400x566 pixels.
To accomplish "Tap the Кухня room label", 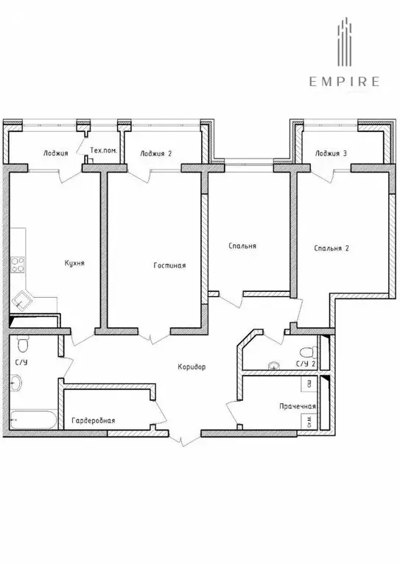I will (x=74, y=263).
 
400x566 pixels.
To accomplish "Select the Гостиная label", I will (x=169, y=265).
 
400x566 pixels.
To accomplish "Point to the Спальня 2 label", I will (x=331, y=248).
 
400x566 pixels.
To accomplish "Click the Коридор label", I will (x=192, y=367).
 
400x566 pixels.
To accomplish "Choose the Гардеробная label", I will (x=93, y=421).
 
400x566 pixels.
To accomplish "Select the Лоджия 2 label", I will (x=155, y=153).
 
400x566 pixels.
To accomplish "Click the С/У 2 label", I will (x=305, y=364).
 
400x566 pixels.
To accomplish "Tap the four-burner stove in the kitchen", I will (x=18, y=264).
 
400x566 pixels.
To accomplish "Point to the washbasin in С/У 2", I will (x=275, y=364).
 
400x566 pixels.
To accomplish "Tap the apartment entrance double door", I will (x=181, y=439).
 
